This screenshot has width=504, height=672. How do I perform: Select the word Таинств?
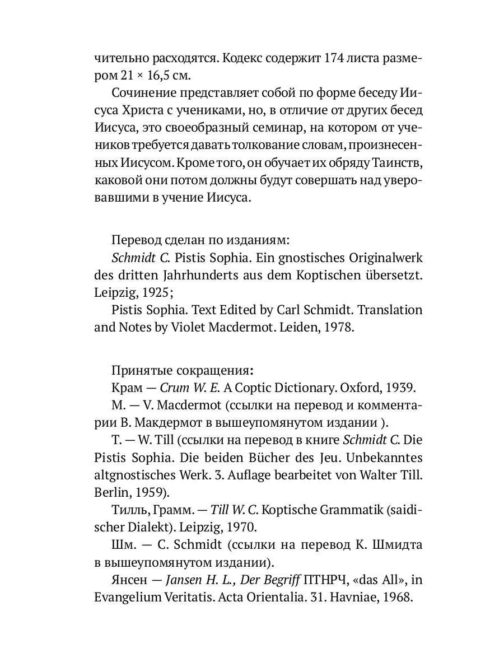coord(399,164)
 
